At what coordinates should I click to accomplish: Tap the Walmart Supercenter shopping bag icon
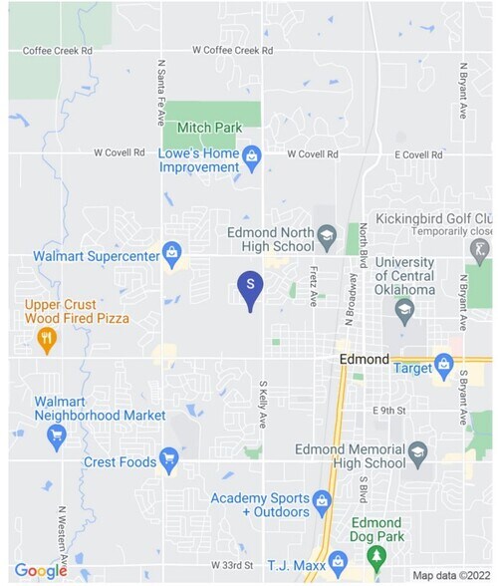coord(171,253)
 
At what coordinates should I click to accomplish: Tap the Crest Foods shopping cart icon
coord(169,460)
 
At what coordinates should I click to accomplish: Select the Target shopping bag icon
coord(443,367)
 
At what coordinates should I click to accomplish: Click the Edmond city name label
coord(364,359)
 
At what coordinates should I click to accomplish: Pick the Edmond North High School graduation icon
coord(327,237)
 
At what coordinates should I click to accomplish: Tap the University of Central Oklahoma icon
coord(404,311)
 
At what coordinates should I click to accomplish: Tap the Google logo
coord(40,570)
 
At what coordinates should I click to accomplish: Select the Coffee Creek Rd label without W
coord(58,50)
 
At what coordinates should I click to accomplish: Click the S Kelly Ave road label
coord(264,405)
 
